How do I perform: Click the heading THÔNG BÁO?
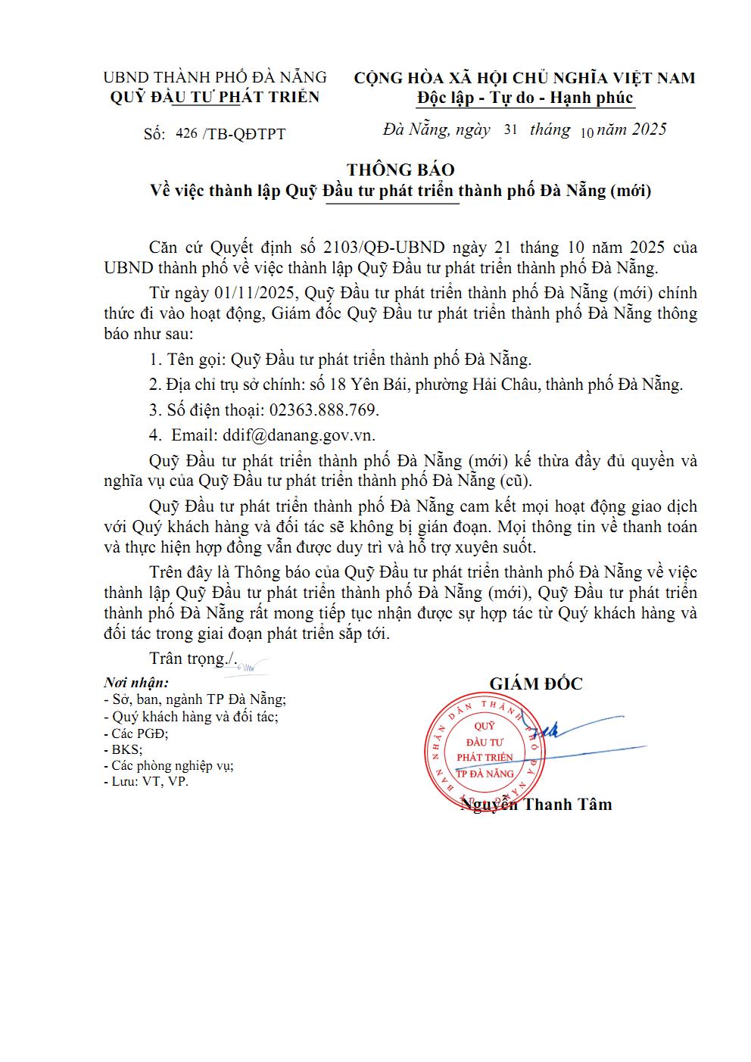[x=400, y=170]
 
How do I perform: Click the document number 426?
[x=186, y=133]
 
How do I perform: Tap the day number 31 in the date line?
[x=510, y=129]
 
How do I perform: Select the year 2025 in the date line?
[x=649, y=129]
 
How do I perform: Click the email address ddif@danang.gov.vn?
[x=298, y=435]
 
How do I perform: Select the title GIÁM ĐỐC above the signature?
[x=536, y=684]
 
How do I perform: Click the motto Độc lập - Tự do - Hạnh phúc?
[x=525, y=98]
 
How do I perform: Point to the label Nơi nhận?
[x=136, y=683]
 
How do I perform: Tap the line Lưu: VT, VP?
[x=146, y=781]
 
